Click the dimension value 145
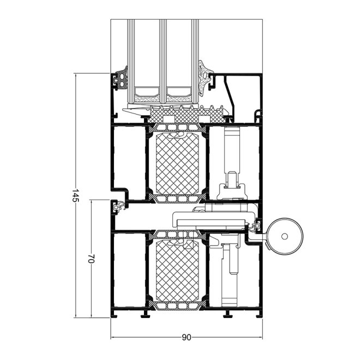click(75, 196)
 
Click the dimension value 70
click(92, 259)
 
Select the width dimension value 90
click(187, 338)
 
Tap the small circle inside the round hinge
click(285, 236)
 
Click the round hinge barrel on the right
click(285, 236)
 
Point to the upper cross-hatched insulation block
click(177, 164)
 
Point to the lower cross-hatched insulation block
click(177, 271)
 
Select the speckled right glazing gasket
click(203, 78)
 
